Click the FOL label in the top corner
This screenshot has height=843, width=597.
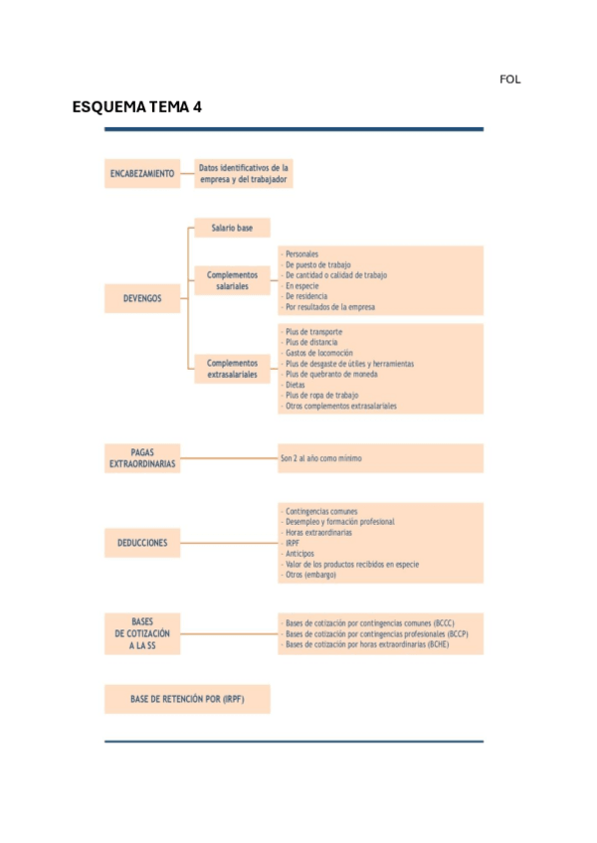509,80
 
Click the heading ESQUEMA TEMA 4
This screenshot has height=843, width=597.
137,107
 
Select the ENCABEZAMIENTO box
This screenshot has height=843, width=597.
142,174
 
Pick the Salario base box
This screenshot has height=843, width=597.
232,229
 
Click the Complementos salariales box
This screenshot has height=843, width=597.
232,280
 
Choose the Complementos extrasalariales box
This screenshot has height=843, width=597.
232,370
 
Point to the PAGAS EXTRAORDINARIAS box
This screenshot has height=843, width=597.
142,458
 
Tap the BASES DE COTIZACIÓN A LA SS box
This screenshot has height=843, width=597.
142,633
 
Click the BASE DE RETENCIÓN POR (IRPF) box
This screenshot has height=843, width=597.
187,699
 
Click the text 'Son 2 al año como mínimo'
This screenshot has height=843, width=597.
321,459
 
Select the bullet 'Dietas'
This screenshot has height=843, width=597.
296,385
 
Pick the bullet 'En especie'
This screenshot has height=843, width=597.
303,285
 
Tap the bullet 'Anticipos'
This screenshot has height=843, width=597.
300,554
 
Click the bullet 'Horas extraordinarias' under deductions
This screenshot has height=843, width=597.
317,533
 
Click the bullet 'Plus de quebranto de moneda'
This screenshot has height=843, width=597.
331,374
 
